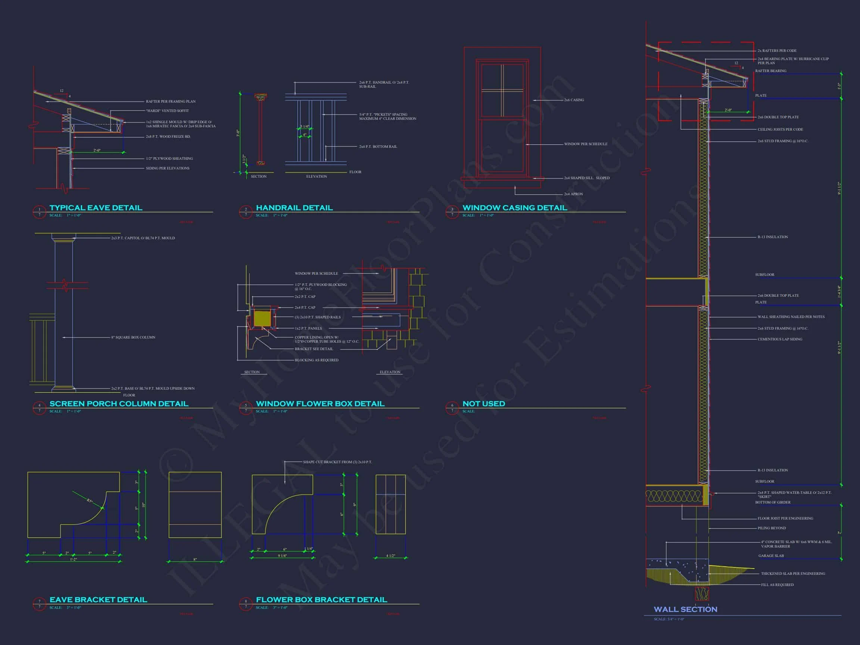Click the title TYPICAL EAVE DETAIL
tap(96, 208)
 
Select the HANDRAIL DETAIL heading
tap(294, 208)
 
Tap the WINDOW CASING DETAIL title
tap(514, 208)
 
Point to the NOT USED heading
tap(484, 404)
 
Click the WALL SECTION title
tap(685, 610)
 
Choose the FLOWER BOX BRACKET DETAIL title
tap(321, 600)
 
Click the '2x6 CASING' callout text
tap(574, 100)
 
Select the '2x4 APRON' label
tap(573, 194)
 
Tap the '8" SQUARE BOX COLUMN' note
tap(133, 337)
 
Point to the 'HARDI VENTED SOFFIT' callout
tap(167, 111)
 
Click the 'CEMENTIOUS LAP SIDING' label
tap(779, 339)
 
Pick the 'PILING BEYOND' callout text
tap(772, 529)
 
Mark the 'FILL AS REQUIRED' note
tap(777, 585)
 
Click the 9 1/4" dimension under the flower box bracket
tap(282, 556)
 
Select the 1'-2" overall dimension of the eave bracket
tap(74, 560)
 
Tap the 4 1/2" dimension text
tap(390, 556)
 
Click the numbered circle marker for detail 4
tap(39, 408)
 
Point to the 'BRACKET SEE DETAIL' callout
tap(314, 349)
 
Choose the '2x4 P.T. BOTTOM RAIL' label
tap(378, 147)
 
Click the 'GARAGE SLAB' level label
tap(771, 556)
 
